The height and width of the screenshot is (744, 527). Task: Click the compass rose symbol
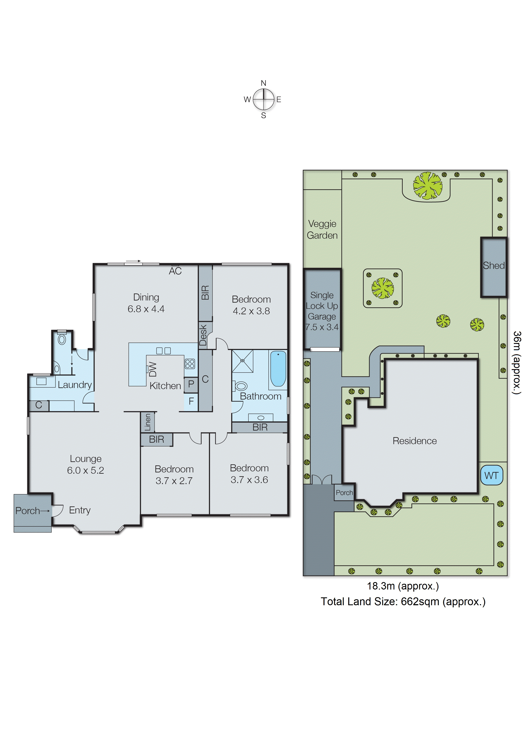pyautogui.click(x=263, y=99)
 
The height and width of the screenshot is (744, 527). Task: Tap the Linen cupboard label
pyautogui.click(x=148, y=422)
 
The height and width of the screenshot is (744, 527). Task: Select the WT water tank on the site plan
pyautogui.click(x=491, y=475)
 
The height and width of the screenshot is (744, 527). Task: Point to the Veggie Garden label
pyautogui.click(x=322, y=229)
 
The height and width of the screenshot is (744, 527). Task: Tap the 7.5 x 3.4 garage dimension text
pyautogui.click(x=322, y=327)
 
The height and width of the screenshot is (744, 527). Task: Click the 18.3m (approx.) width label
pyautogui.click(x=403, y=586)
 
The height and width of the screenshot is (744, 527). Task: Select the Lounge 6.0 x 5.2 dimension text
pyautogui.click(x=86, y=470)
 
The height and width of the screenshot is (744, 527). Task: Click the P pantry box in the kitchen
pyautogui.click(x=191, y=384)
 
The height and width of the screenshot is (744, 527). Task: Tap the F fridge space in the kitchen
pyautogui.click(x=191, y=401)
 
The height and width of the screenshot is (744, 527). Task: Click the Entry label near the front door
pyautogui.click(x=80, y=510)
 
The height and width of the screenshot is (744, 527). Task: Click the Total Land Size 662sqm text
pyautogui.click(x=403, y=602)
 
